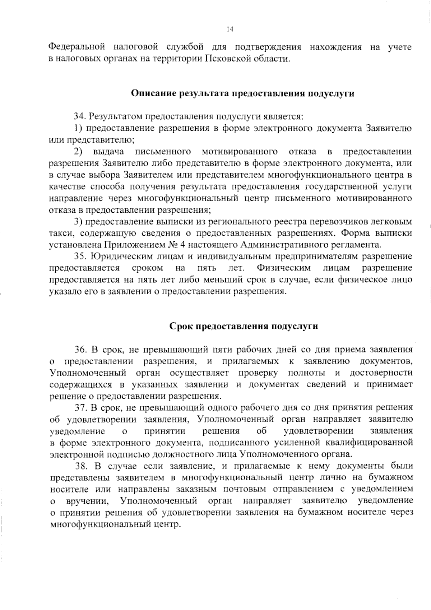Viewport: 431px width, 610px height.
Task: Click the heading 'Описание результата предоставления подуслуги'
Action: point(242,94)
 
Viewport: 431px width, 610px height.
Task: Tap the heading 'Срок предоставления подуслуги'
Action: point(244,326)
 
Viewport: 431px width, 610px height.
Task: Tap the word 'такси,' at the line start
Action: point(61,234)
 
